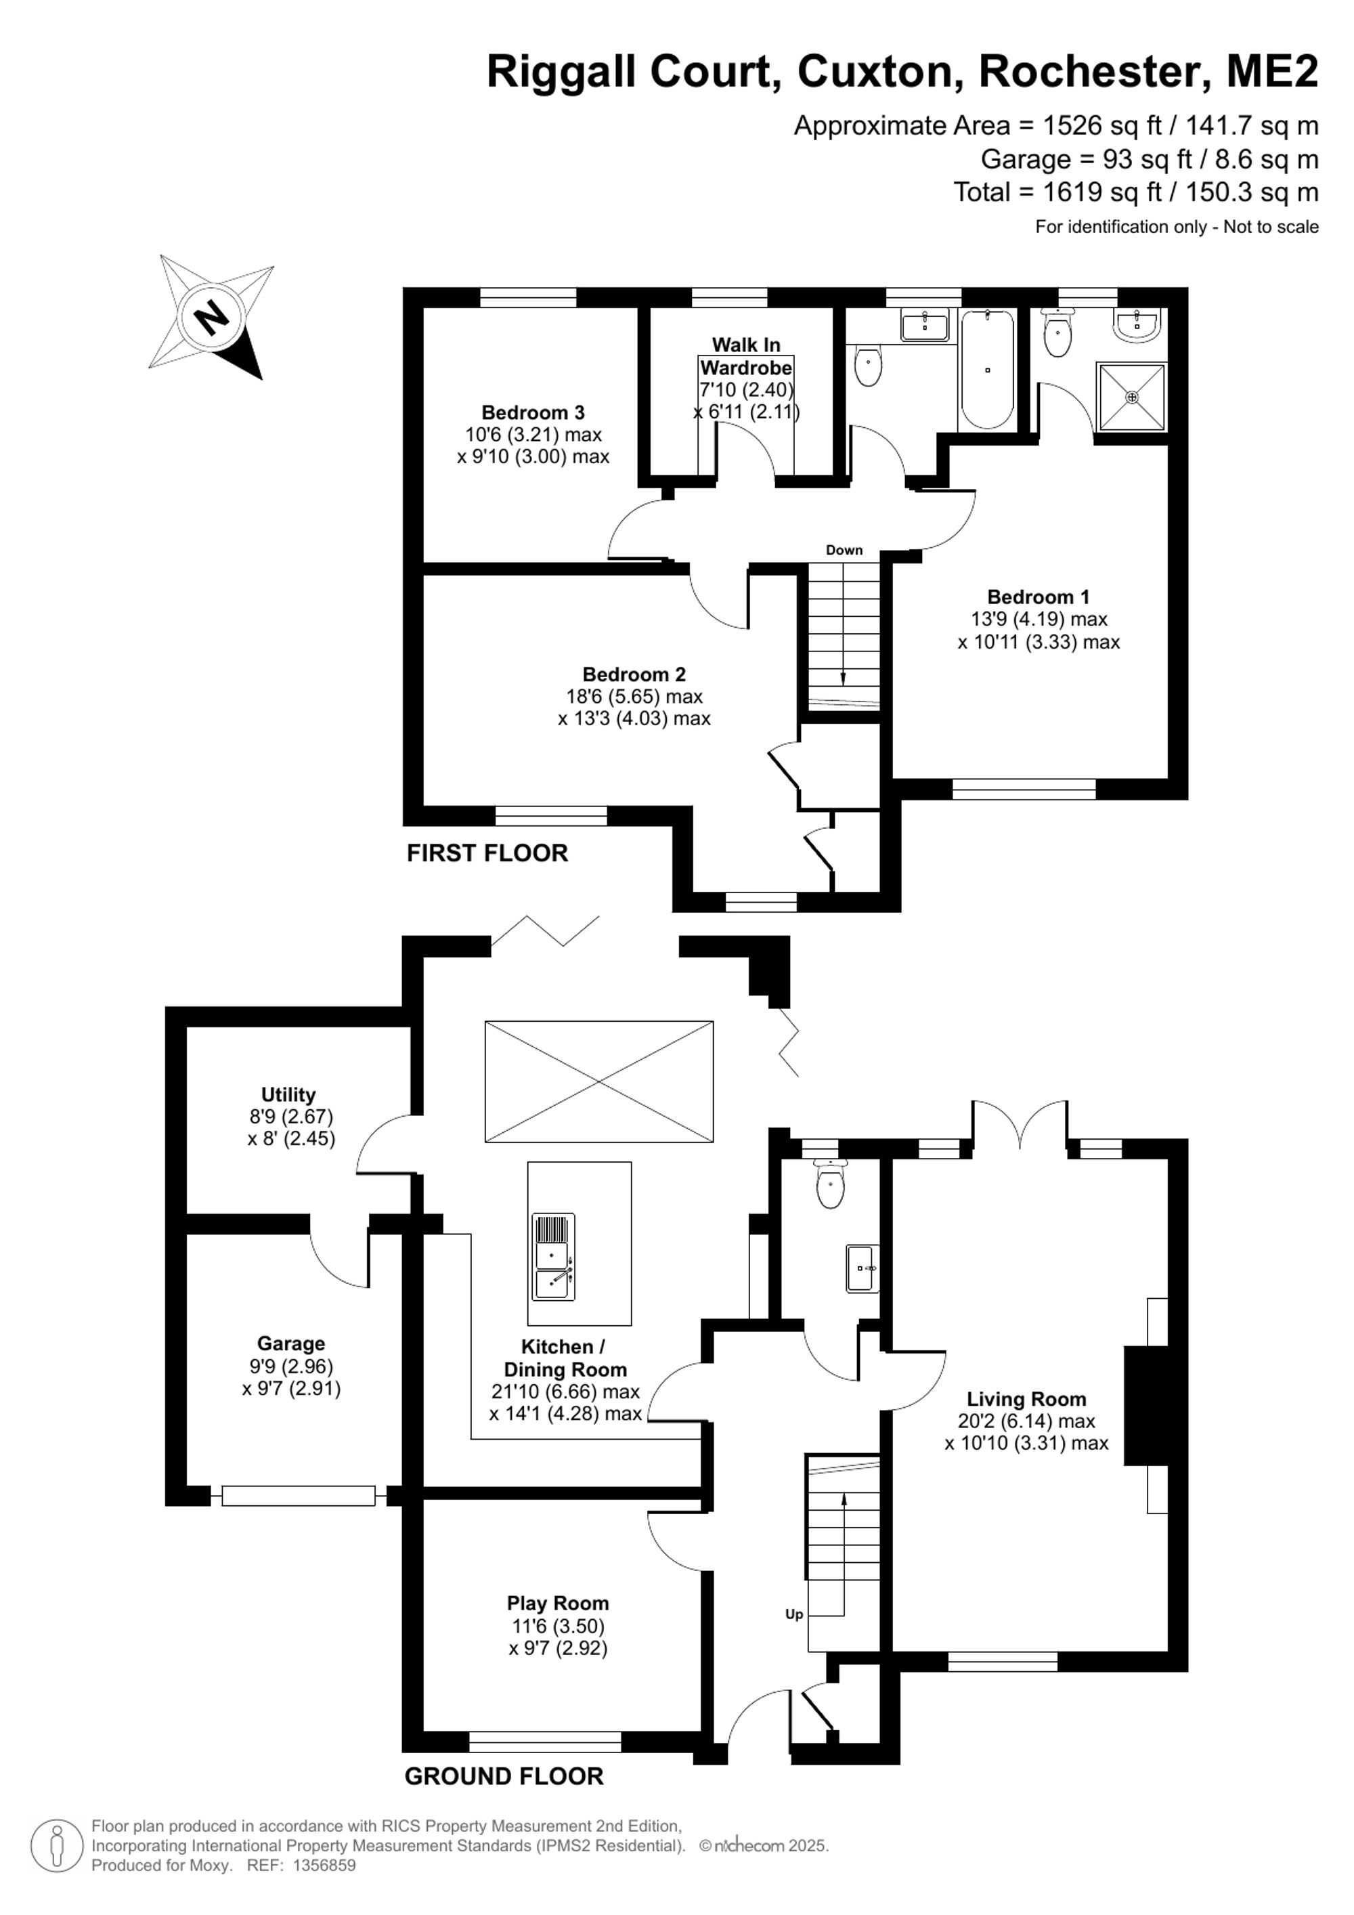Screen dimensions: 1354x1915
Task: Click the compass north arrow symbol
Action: tap(212, 316)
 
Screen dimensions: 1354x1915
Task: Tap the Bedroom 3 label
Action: tap(533, 412)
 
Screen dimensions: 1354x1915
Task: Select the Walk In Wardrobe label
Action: tap(746, 356)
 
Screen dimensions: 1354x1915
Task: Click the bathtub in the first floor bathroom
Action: tap(987, 370)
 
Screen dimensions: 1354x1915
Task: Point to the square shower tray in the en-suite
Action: tap(1131, 397)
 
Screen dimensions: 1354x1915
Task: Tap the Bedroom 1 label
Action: tap(1038, 597)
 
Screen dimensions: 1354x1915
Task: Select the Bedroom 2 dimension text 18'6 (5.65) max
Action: tap(634, 695)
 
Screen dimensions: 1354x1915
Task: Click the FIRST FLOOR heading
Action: tap(487, 853)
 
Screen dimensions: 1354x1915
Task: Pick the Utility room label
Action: tap(288, 1094)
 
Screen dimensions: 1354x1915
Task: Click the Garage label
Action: tap(291, 1343)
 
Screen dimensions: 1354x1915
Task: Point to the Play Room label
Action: tap(558, 1602)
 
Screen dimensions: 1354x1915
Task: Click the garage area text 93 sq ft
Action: tap(1133, 158)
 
